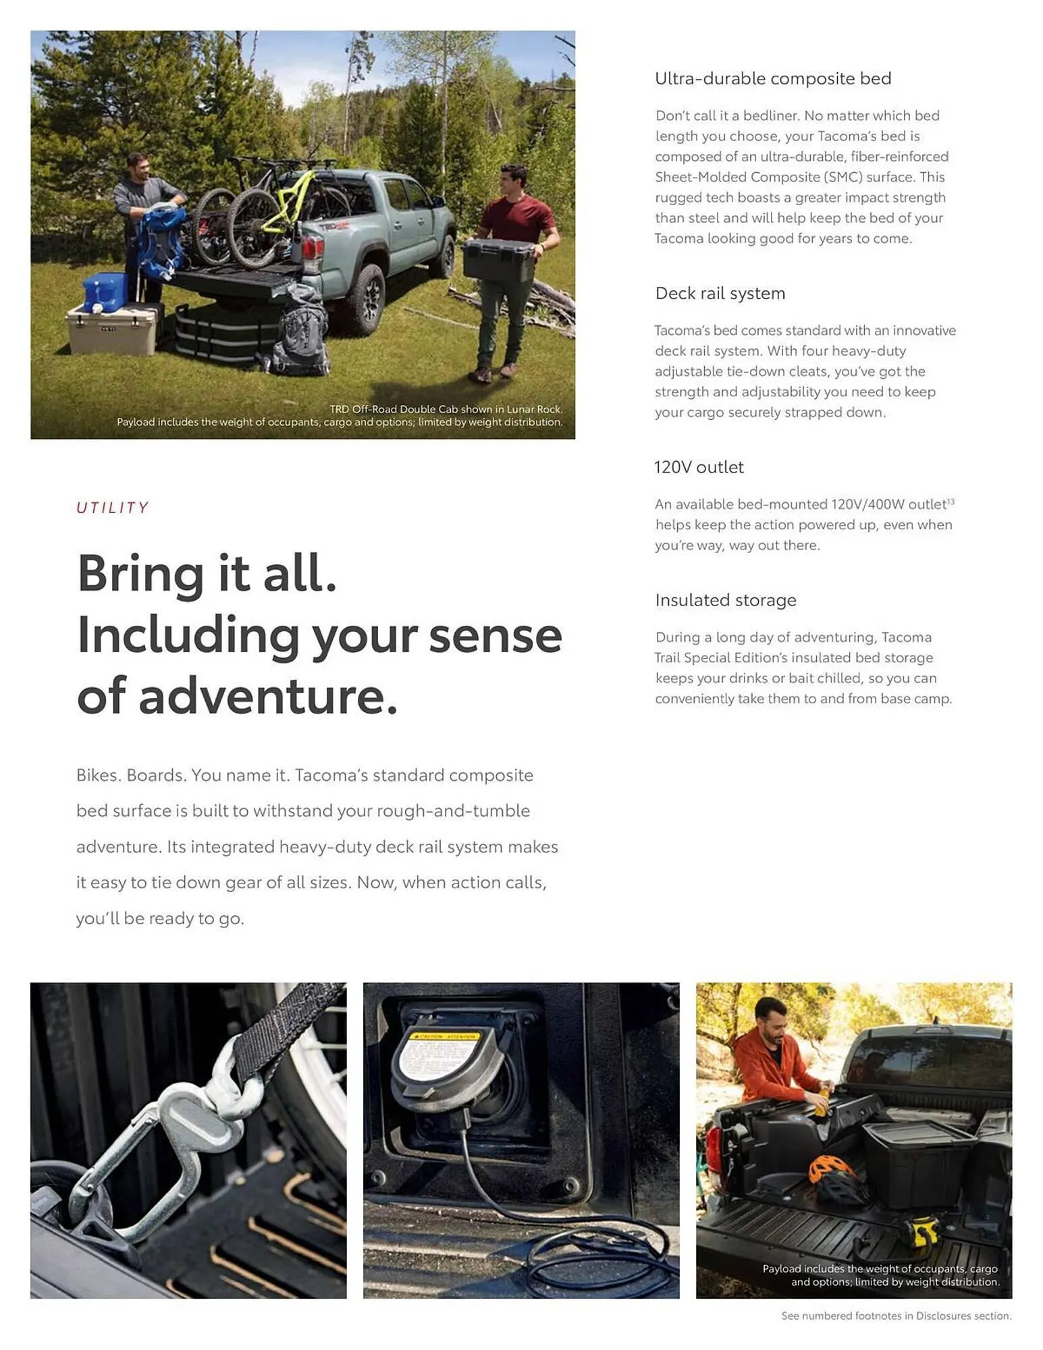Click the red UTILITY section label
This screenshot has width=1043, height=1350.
112,508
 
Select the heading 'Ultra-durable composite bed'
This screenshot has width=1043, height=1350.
772,79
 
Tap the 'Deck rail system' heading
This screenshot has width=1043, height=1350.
720,294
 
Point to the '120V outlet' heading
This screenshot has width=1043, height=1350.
699,467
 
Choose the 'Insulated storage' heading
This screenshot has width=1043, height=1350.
725,600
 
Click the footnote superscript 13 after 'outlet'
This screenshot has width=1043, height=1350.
951,502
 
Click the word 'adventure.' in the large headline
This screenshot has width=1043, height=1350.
268,697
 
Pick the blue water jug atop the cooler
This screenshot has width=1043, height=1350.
105,291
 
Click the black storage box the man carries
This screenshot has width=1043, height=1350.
498,260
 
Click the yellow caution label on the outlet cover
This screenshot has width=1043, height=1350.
445,1037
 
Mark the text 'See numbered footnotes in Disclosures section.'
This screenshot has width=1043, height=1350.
896,1316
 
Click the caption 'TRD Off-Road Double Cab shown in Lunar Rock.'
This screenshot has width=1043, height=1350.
446,409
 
